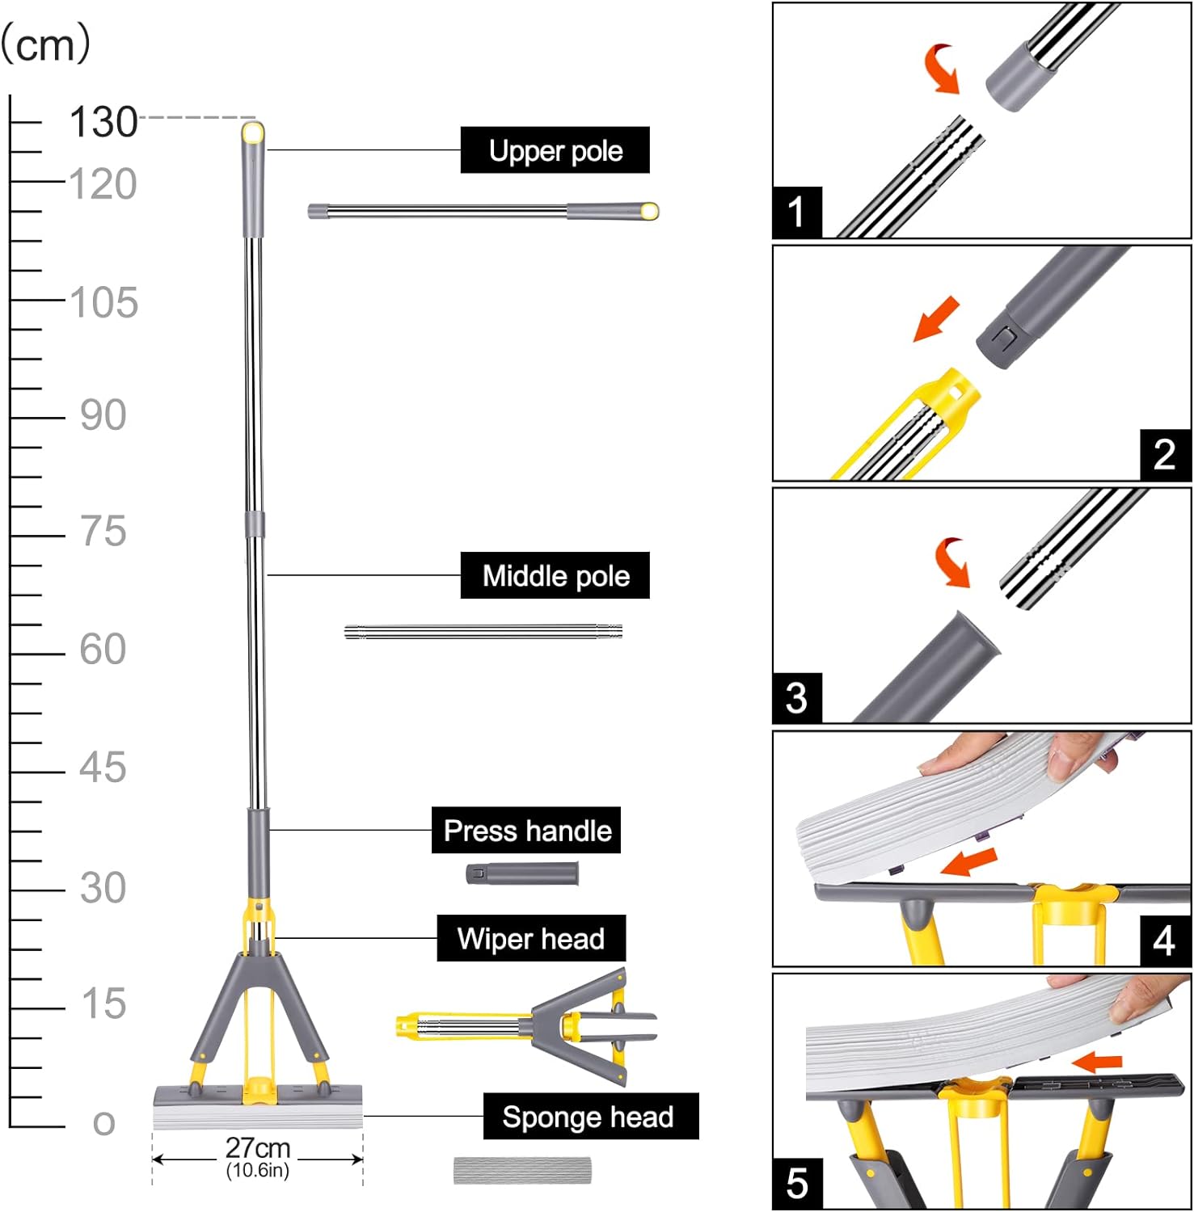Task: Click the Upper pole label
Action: [x=555, y=150]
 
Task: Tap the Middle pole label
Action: [x=555, y=575]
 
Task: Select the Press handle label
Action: [x=526, y=830]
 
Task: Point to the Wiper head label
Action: [x=531, y=938]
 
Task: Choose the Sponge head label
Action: [x=590, y=1117]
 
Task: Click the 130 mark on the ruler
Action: [x=103, y=123]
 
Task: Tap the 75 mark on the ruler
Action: [x=103, y=532]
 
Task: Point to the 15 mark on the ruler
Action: [x=103, y=1004]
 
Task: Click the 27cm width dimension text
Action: [x=258, y=1147]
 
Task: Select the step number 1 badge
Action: [x=796, y=212]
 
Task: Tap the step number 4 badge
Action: [x=1164, y=941]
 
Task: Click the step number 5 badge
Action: [x=796, y=1183]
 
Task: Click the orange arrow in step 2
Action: [x=936, y=318]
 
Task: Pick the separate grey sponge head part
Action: [x=522, y=1170]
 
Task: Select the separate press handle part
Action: [x=522, y=873]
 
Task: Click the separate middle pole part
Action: [x=483, y=632]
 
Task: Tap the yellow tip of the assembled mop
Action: [x=253, y=132]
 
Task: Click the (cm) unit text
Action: [x=46, y=44]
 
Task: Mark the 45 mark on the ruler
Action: [x=103, y=768]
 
